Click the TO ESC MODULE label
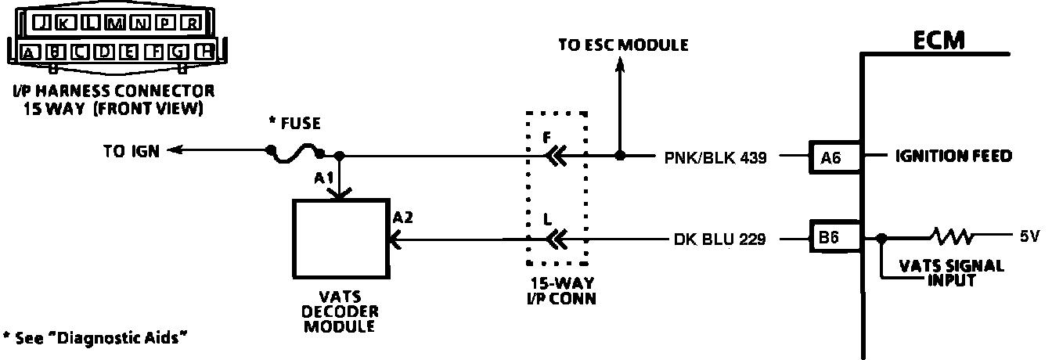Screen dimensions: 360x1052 pyautogui.click(x=623, y=45)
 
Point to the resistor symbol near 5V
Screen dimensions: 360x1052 pyautogui.click(x=949, y=235)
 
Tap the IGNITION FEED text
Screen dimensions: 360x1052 pyautogui.click(x=953, y=157)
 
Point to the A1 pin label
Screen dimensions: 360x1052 pyautogui.click(x=324, y=178)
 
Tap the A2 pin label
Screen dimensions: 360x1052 pyautogui.click(x=402, y=218)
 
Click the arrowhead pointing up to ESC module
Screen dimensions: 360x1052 pyautogui.click(x=621, y=67)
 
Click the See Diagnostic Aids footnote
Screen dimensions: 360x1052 pyautogui.click(x=95, y=337)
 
